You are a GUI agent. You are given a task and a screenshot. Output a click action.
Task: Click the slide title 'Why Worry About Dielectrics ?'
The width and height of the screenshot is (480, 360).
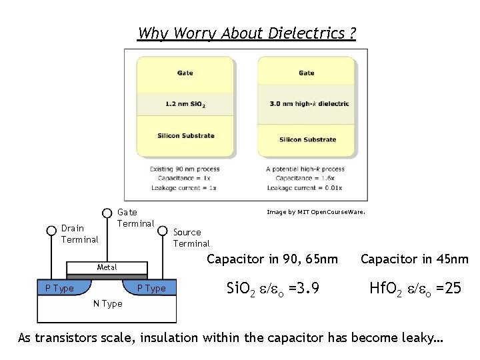(x=246, y=33)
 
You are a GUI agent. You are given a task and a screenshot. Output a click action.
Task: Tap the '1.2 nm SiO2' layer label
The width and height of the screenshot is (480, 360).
(x=185, y=104)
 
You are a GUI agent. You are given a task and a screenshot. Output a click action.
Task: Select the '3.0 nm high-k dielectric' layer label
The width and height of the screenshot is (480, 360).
(x=307, y=104)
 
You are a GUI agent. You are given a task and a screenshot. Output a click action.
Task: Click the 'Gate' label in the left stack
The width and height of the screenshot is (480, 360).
(x=185, y=73)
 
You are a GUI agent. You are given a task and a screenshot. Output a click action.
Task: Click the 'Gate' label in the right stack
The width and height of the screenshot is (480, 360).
(x=307, y=73)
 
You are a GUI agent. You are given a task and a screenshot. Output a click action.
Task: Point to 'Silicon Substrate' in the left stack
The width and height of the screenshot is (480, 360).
(x=185, y=135)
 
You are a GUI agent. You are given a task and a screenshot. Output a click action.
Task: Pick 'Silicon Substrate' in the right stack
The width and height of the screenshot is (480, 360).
(x=307, y=139)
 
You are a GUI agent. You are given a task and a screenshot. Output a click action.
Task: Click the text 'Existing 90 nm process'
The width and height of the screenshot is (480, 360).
(x=185, y=169)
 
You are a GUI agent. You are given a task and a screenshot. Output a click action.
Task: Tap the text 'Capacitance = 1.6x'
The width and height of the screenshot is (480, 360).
(x=305, y=178)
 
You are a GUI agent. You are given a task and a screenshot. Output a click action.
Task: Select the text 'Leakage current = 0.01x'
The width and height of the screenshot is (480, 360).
(x=305, y=187)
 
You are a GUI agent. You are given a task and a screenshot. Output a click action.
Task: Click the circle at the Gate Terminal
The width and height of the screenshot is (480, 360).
(x=107, y=213)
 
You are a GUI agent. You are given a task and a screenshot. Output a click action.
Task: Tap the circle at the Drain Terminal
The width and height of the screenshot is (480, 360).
(x=51, y=231)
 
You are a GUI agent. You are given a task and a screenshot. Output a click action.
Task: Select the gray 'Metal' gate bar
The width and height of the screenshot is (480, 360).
(x=106, y=267)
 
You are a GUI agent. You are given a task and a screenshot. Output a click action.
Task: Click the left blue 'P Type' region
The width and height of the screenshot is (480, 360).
(x=56, y=288)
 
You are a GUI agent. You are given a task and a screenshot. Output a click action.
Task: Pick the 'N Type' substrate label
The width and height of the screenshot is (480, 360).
(x=107, y=303)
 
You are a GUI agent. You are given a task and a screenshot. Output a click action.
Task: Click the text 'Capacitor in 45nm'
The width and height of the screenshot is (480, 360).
(x=414, y=259)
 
